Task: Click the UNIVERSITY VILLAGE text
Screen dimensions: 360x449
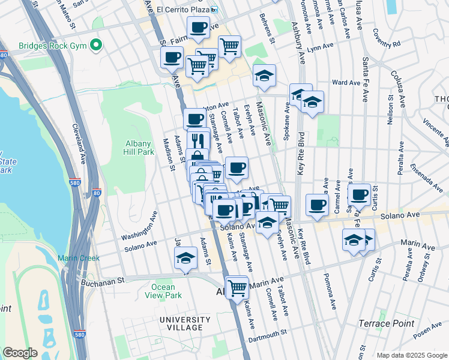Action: (x=185, y=323)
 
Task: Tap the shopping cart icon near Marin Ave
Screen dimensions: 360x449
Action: (x=237, y=287)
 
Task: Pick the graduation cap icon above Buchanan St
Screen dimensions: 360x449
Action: (x=186, y=259)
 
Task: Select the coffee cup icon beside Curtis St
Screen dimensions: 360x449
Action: (x=359, y=194)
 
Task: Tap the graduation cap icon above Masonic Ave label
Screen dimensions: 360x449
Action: (x=264, y=76)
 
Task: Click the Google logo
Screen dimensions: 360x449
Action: (x=20, y=352)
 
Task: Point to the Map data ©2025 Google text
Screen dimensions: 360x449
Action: (x=411, y=355)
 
